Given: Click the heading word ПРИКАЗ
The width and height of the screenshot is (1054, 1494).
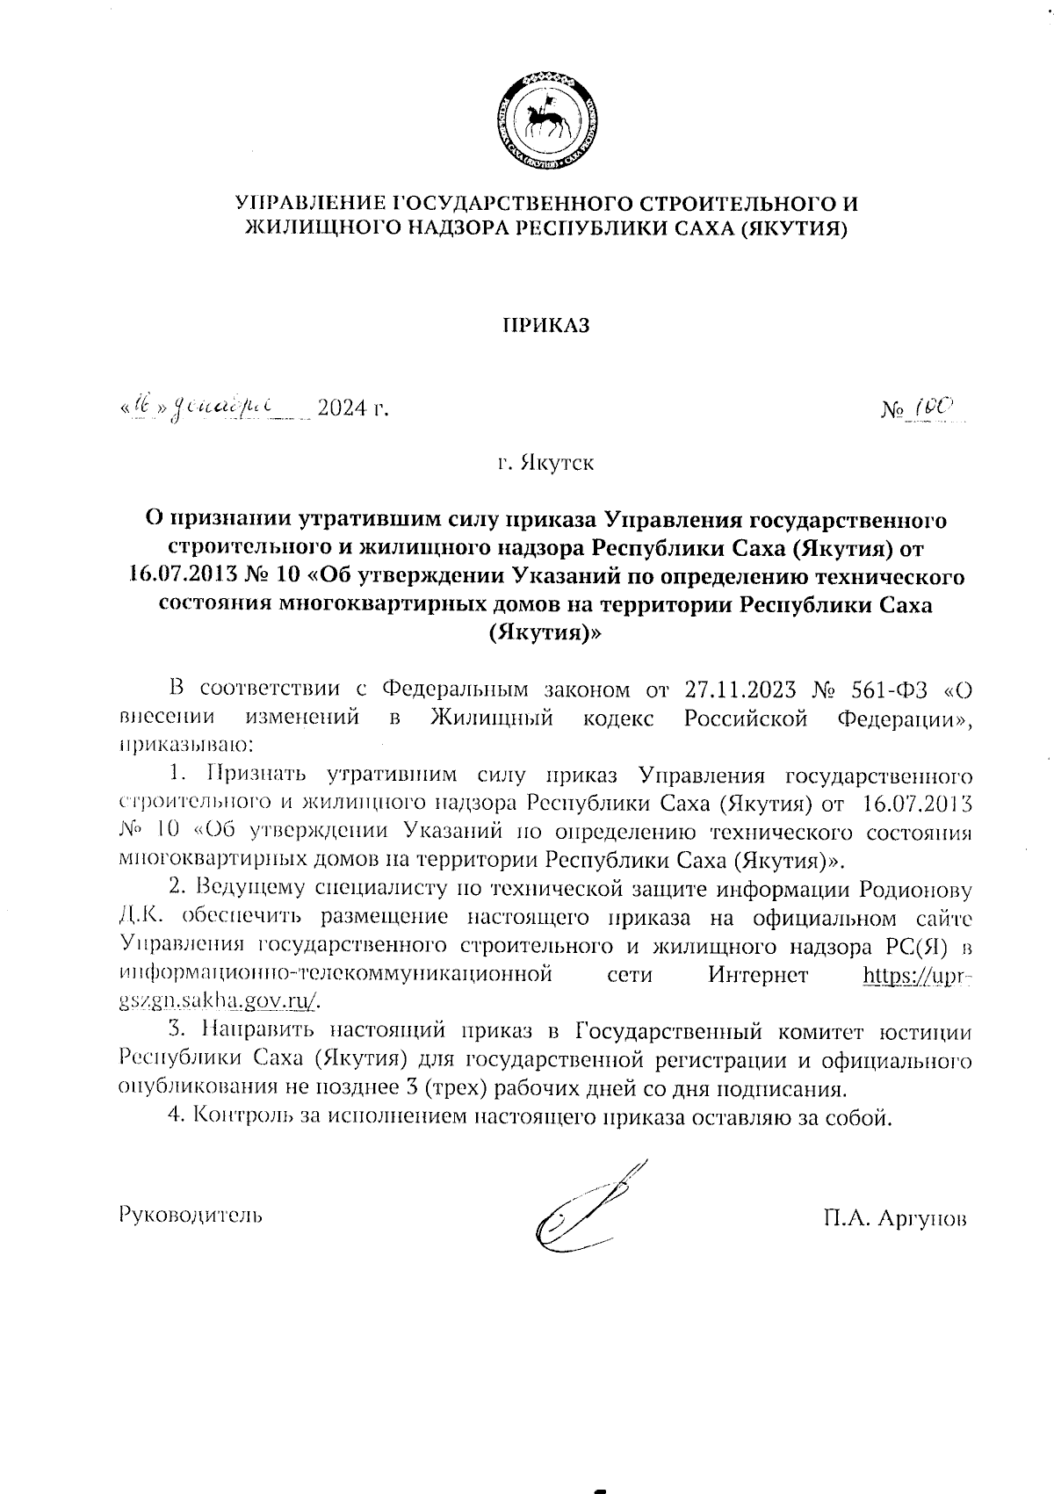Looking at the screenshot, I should coord(545,326).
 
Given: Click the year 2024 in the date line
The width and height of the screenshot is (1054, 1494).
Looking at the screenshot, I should coord(343,408).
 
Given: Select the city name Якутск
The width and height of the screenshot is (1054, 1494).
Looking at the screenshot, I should coord(557,462).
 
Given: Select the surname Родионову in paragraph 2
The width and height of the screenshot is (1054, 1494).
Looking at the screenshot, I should coord(917,889).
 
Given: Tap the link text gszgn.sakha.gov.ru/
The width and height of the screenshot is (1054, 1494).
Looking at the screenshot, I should coord(219,1003).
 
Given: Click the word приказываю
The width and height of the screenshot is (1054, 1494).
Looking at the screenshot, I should coord(185,746).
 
